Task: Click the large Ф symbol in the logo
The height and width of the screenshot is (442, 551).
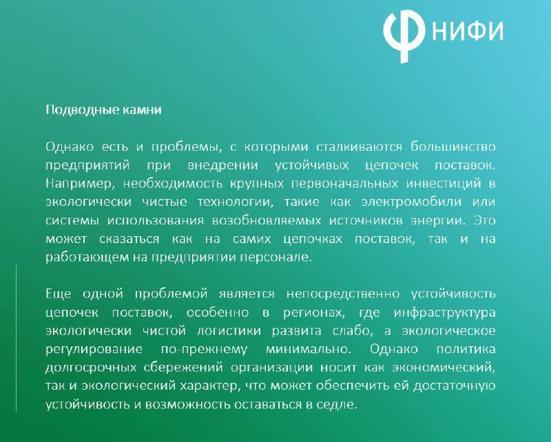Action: pos(404,35)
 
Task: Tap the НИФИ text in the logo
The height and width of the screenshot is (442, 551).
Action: pos(468,30)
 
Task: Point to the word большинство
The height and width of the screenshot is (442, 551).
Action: pos(453,147)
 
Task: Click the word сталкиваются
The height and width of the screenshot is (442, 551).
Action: pos(359,147)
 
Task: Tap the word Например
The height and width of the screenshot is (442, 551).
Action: pos(81,184)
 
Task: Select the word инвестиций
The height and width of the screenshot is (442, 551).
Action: pos(444,184)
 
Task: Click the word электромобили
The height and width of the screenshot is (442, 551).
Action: pos(411,202)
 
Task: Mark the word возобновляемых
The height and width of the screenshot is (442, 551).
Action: pos(267,220)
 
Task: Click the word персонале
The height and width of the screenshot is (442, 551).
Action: pos(276,257)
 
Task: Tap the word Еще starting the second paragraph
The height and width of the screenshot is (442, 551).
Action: pos(59,294)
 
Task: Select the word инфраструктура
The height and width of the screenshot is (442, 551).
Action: pos(444,313)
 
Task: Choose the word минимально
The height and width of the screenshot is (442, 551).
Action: pos(308,349)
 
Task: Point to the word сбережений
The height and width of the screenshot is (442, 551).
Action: pos(183,367)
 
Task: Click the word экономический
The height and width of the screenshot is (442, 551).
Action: pos(444,367)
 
